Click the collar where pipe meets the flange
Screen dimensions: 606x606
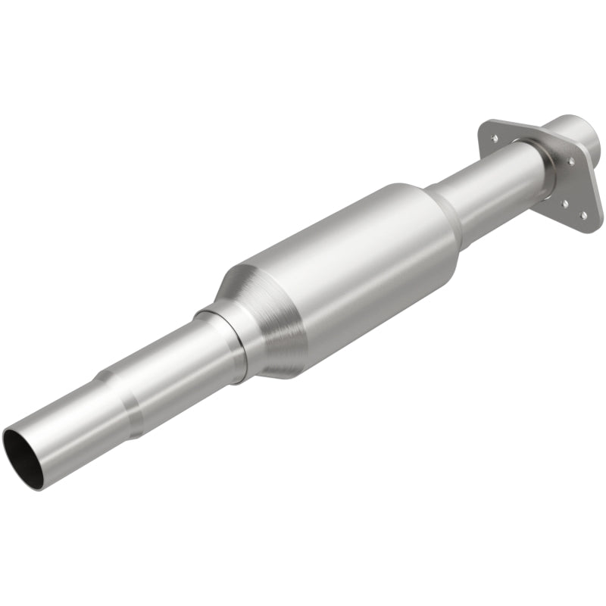click(547, 163)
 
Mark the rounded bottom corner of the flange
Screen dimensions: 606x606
click(588, 224)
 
